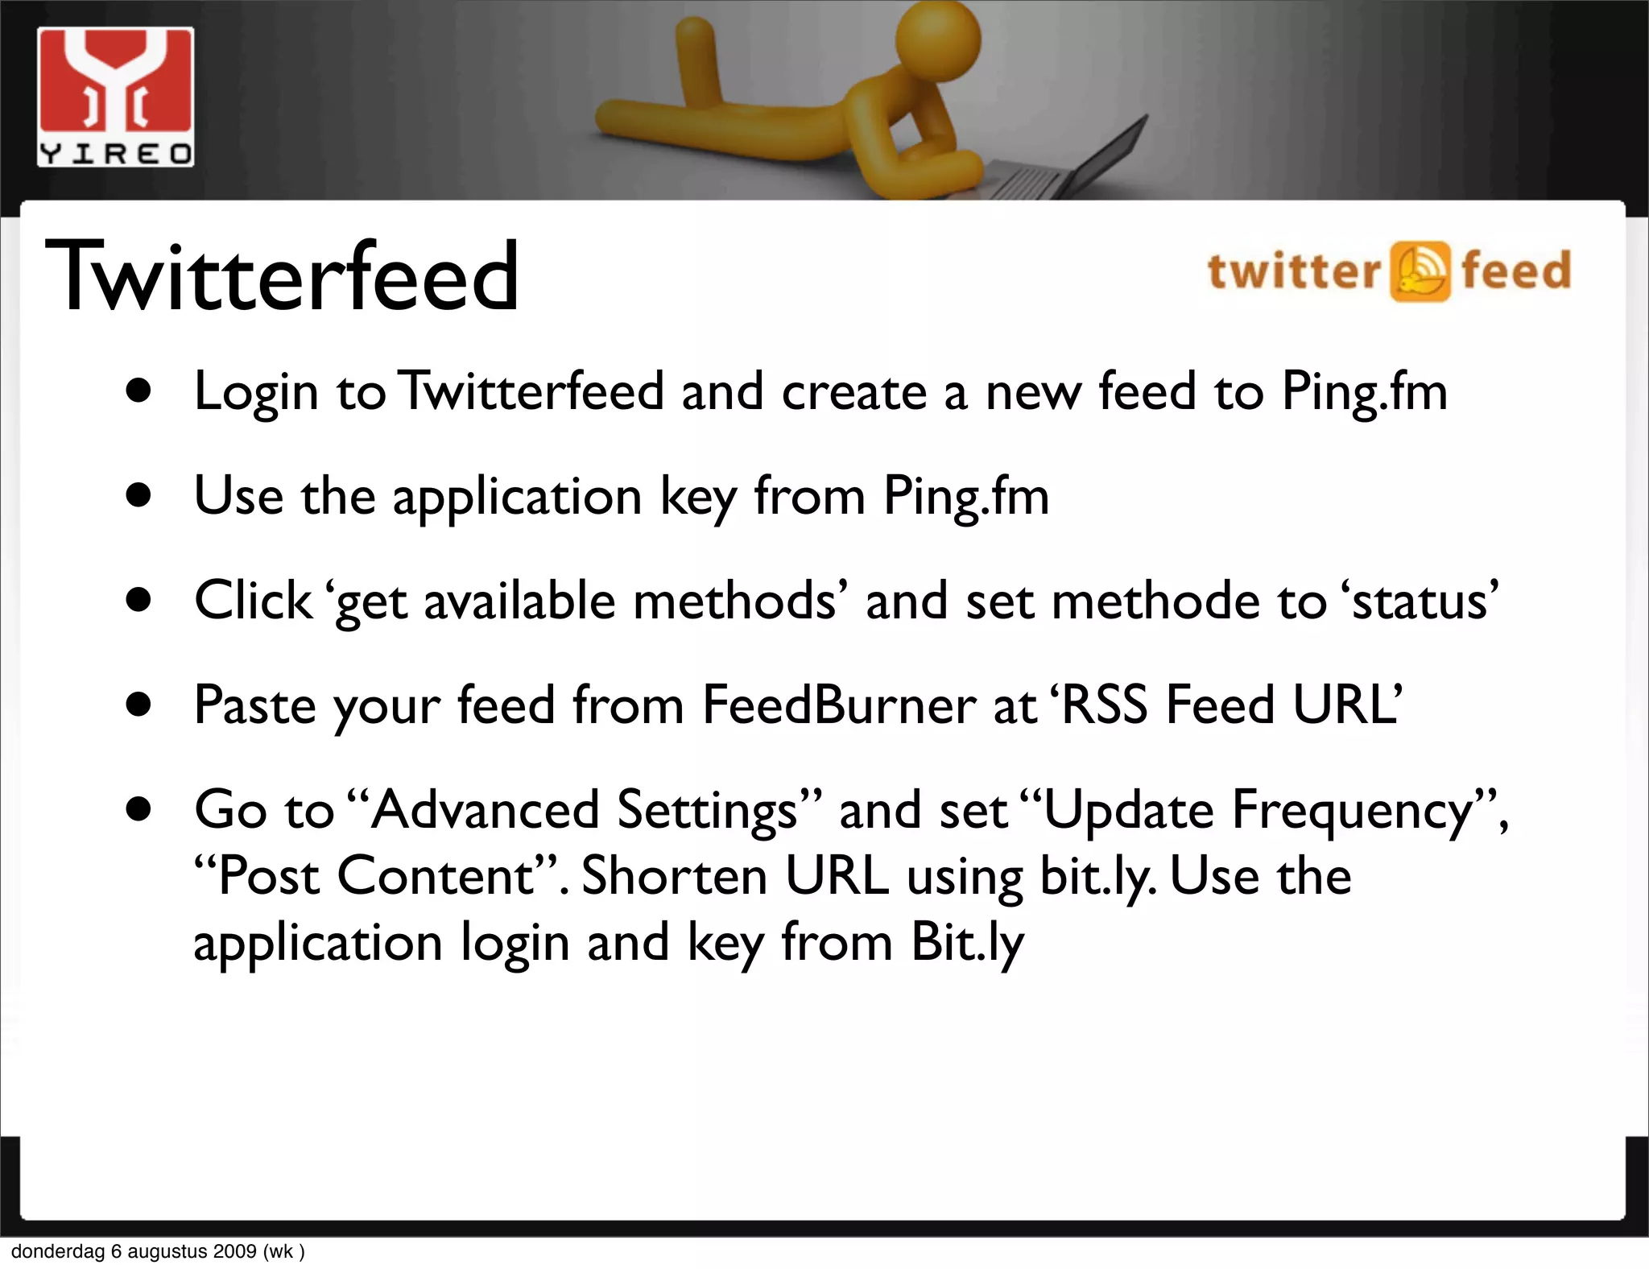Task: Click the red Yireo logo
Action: coord(115,97)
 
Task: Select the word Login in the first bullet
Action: coord(256,392)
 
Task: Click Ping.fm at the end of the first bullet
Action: coord(1364,392)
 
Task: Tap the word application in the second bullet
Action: coord(516,497)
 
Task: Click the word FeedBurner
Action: coord(838,705)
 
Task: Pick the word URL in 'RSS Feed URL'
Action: coord(1346,705)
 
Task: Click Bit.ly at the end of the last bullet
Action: coord(966,942)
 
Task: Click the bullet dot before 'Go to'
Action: coord(138,810)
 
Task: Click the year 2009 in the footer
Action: coord(235,1251)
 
